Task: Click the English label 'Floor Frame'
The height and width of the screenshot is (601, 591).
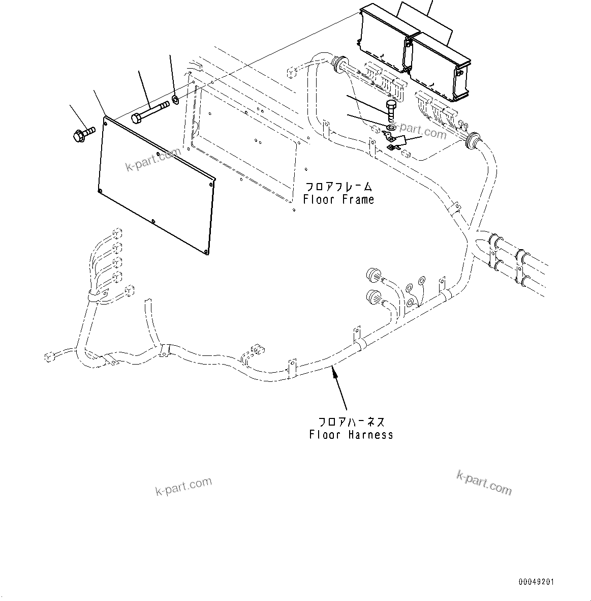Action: [x=338, y=200]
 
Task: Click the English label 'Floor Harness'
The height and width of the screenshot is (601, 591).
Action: [x=351, y=435]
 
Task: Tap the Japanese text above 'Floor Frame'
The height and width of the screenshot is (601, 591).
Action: [x=338, y=187]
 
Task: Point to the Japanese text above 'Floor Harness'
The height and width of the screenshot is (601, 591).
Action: [x=351, y=422]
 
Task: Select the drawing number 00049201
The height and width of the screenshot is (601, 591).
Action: [x=536, y=582]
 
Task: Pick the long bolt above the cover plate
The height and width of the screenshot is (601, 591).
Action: [x=150, y=112]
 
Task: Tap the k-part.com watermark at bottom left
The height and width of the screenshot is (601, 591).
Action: [x=183, y=487]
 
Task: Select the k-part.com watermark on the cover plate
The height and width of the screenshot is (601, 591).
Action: [x=153, y=159]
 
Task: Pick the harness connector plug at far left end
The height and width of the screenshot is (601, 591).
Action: [x=49, y=356]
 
